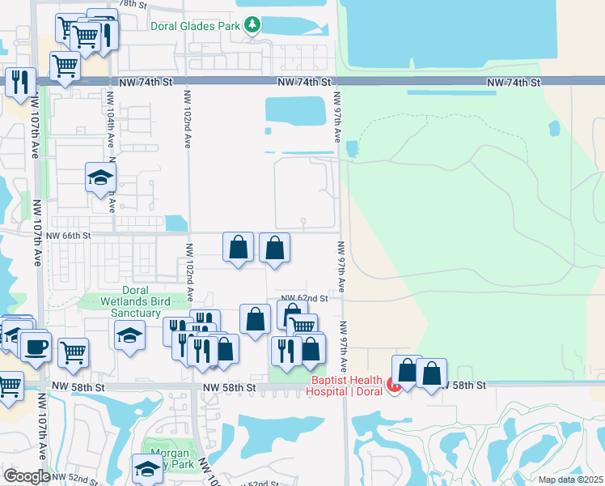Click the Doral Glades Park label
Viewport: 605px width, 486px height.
pyautogui.click(x=197, y=26)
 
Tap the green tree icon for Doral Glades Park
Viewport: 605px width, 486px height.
pyautogui.click(x=253, y=26)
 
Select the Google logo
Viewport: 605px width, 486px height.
pyautogui.click(x=27, y=476)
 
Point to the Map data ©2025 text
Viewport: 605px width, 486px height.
pyautogui.click(x=570, y=480)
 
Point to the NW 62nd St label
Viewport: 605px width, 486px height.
pyautogui.click(x=304, y=298)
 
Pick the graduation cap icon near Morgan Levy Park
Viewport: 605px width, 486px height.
pyautogui.click(x=148, y=469)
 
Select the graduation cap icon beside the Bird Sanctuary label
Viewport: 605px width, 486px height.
pyautogui.click(x=129, y=334)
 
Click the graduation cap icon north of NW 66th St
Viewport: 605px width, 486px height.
pyautogui.click(x=100, y=177)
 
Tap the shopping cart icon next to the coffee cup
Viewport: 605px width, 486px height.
pyautogui.click(x=73, y=352)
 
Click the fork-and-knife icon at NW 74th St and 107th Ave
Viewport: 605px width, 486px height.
pyautogui.click(x=20, y=81)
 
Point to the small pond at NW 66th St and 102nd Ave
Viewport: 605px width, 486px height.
pyautogui.click(x=176, y=223)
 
